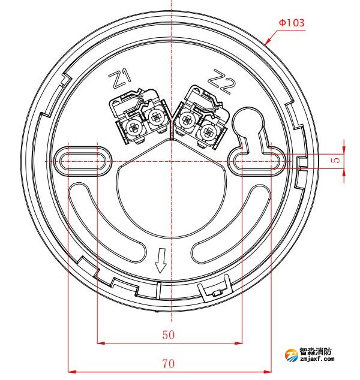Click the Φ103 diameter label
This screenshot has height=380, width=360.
click(291, 22)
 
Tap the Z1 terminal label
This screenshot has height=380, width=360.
click(119, 78)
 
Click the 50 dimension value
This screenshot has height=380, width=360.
click(169, 335)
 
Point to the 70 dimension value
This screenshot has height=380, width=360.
click(169, 363)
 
